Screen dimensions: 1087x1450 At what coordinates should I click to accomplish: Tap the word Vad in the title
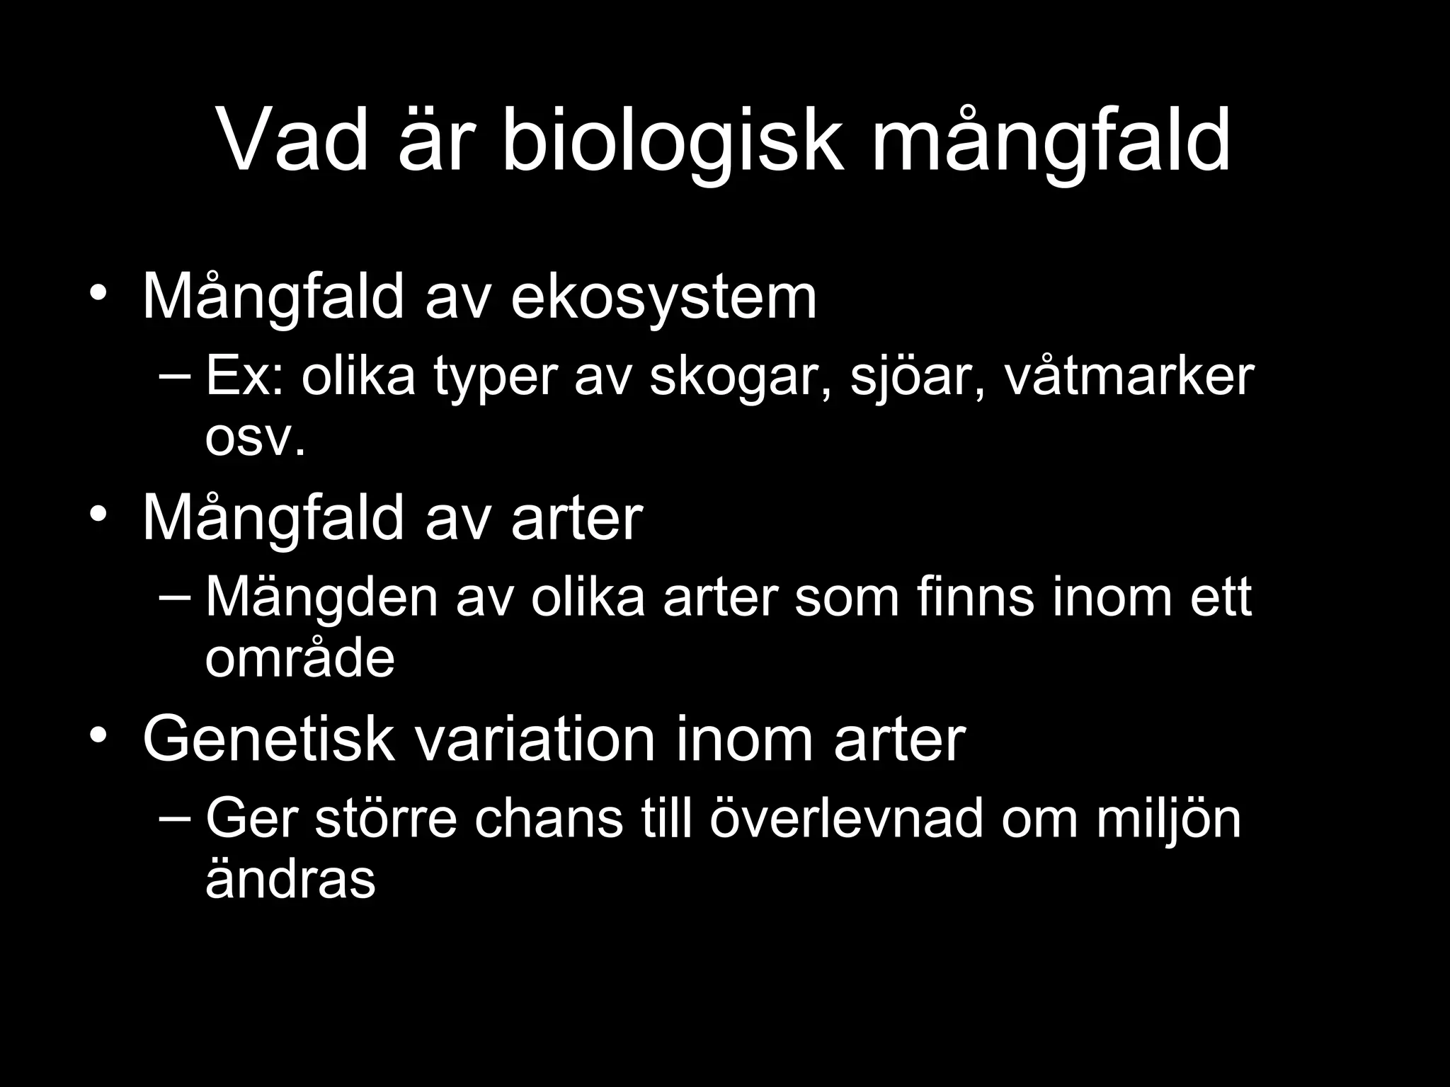(x=292, y=142)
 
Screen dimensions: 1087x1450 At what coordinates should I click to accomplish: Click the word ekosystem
(x=663, y=298)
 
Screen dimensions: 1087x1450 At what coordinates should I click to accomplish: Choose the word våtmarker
(x=1129, y=377)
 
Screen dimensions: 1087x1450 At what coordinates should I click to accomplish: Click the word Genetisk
(x=268, y=740)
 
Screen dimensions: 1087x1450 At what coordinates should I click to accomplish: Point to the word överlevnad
(x=846, y=819)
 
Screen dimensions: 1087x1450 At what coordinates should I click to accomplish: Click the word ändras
(x=290, y=880)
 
